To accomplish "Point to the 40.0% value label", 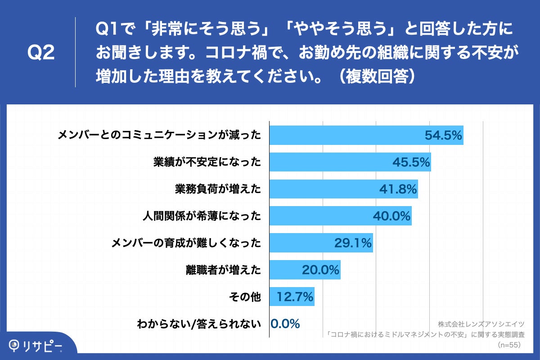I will pyautogui.click(x=391, y=216).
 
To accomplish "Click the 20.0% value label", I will pyautogui.click(x=320, y=270).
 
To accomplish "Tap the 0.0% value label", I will pyautogui.click(x=285, y=324).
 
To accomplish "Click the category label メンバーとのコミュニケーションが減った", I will pyautogui.click(x=160, y=135).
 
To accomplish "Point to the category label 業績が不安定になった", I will pyautogui.click(x=207, y=162).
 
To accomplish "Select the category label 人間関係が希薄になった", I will pyautogui.click(x=201, y=216).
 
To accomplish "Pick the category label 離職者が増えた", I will pyautogui.click(x=223, y=270).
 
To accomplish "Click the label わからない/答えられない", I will pyautogui.click(x=199, y=324).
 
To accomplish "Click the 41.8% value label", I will pyautogui.click(x=398, y=189).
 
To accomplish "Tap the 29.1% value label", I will pyautogui.click(x=353, y=243).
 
